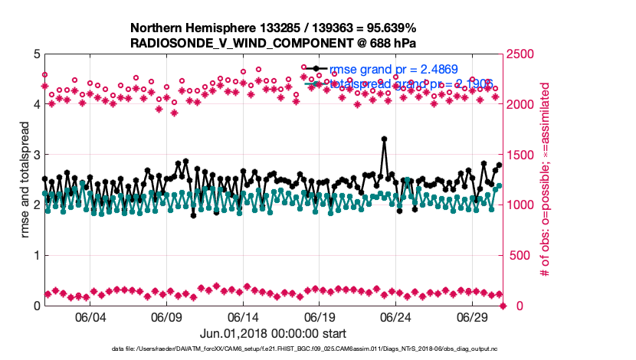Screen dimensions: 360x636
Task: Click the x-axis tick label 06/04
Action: (x=89, y=317)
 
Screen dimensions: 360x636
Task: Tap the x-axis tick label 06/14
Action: (x=242, y=317)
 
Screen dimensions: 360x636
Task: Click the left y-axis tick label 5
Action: (x=36, y=54)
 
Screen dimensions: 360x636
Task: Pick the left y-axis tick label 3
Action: (x=36, y=155)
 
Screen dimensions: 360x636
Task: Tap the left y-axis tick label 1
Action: (x=36, y=255)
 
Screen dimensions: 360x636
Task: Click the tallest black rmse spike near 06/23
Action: (x=384, y=139)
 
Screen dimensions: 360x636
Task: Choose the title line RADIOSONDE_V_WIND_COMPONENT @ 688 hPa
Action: (x=274, y=42)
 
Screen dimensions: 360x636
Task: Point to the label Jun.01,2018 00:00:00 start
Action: (x=274, y=334)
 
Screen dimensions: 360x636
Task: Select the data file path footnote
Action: (x=274, y=349)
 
